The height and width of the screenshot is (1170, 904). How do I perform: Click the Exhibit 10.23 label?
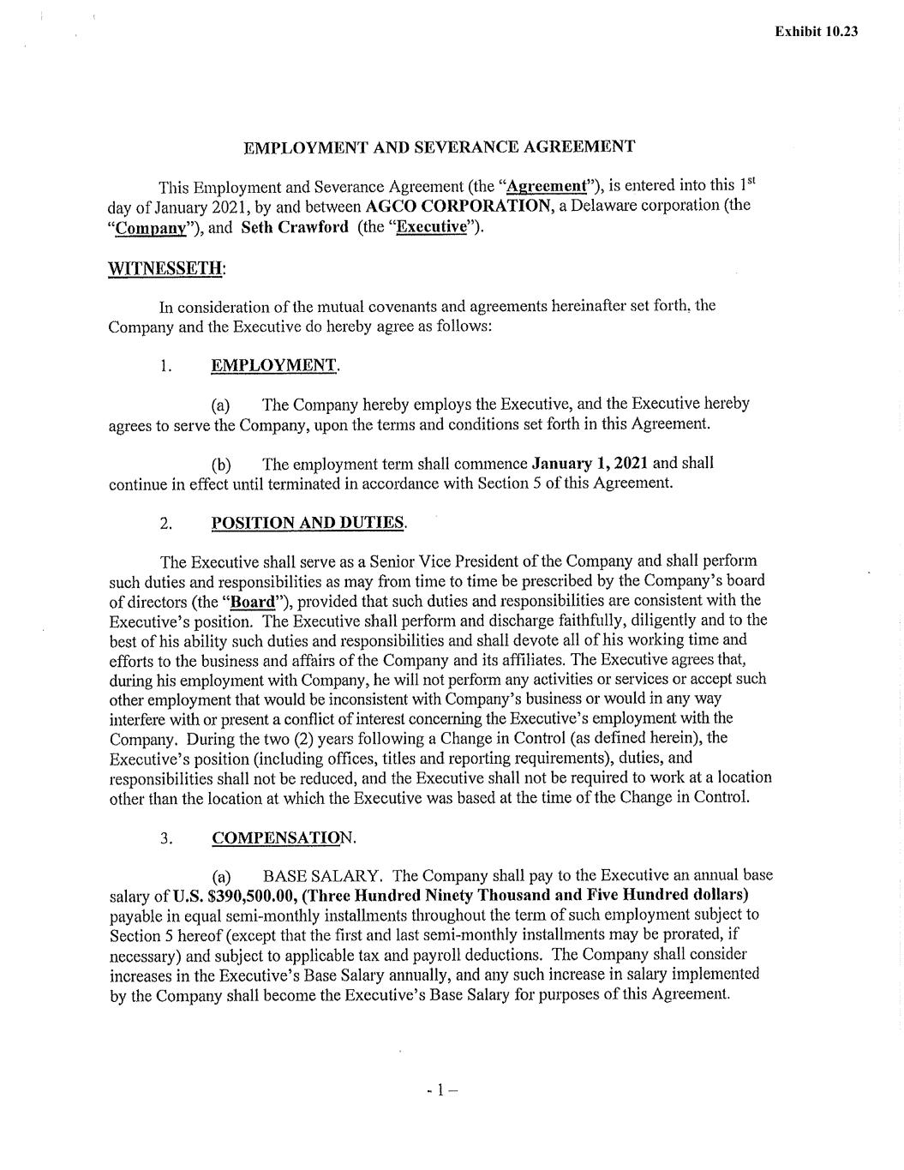point(816,32)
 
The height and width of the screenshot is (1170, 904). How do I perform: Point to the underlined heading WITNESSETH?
point(165,268)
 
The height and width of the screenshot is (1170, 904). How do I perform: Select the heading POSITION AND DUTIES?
point(308,523)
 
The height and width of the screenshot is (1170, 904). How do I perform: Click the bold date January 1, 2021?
point(590,464)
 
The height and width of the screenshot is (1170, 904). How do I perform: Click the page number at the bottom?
point(441,1091)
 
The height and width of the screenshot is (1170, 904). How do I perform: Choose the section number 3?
point(165,838)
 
